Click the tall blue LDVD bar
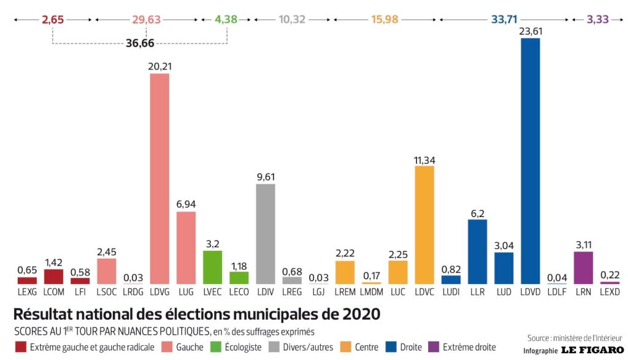[530, 161]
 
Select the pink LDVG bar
[159, 178]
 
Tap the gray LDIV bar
[265, 234]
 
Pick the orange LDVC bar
[424, 224]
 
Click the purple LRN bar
[583, 267]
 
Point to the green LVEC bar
[212, 267]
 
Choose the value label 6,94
[186, 203]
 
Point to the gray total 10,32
[292, 19]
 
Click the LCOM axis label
[53, 293]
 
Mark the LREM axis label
[345, 293]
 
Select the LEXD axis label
[610, 293]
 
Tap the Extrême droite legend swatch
[434, 347]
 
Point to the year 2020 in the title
[358, 315]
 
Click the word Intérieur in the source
[609, 338]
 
